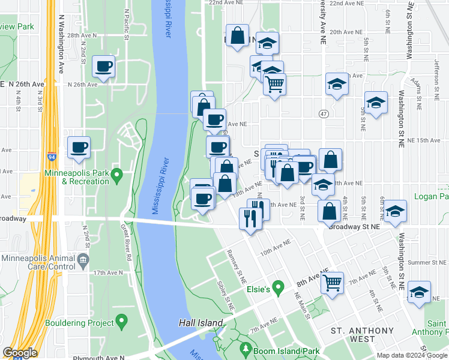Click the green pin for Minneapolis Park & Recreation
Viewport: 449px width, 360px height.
[x=117, y=175]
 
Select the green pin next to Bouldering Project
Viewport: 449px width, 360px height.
[x=122, y=322]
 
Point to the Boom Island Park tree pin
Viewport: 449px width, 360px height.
[x=245, y=347]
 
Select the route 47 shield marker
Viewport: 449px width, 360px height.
[x=324, y=113]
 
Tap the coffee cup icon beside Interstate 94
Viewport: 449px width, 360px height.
[x=79, y=147]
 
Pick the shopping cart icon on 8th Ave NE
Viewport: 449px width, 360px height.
[x=332, y=281]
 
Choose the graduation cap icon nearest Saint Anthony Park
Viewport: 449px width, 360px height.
[x=419, y=292]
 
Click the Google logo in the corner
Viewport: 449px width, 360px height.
[x=20, y=353]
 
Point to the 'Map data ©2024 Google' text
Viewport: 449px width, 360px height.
[x=412, y=355]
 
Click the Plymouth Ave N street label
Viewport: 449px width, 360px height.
[x=98, y=358]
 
